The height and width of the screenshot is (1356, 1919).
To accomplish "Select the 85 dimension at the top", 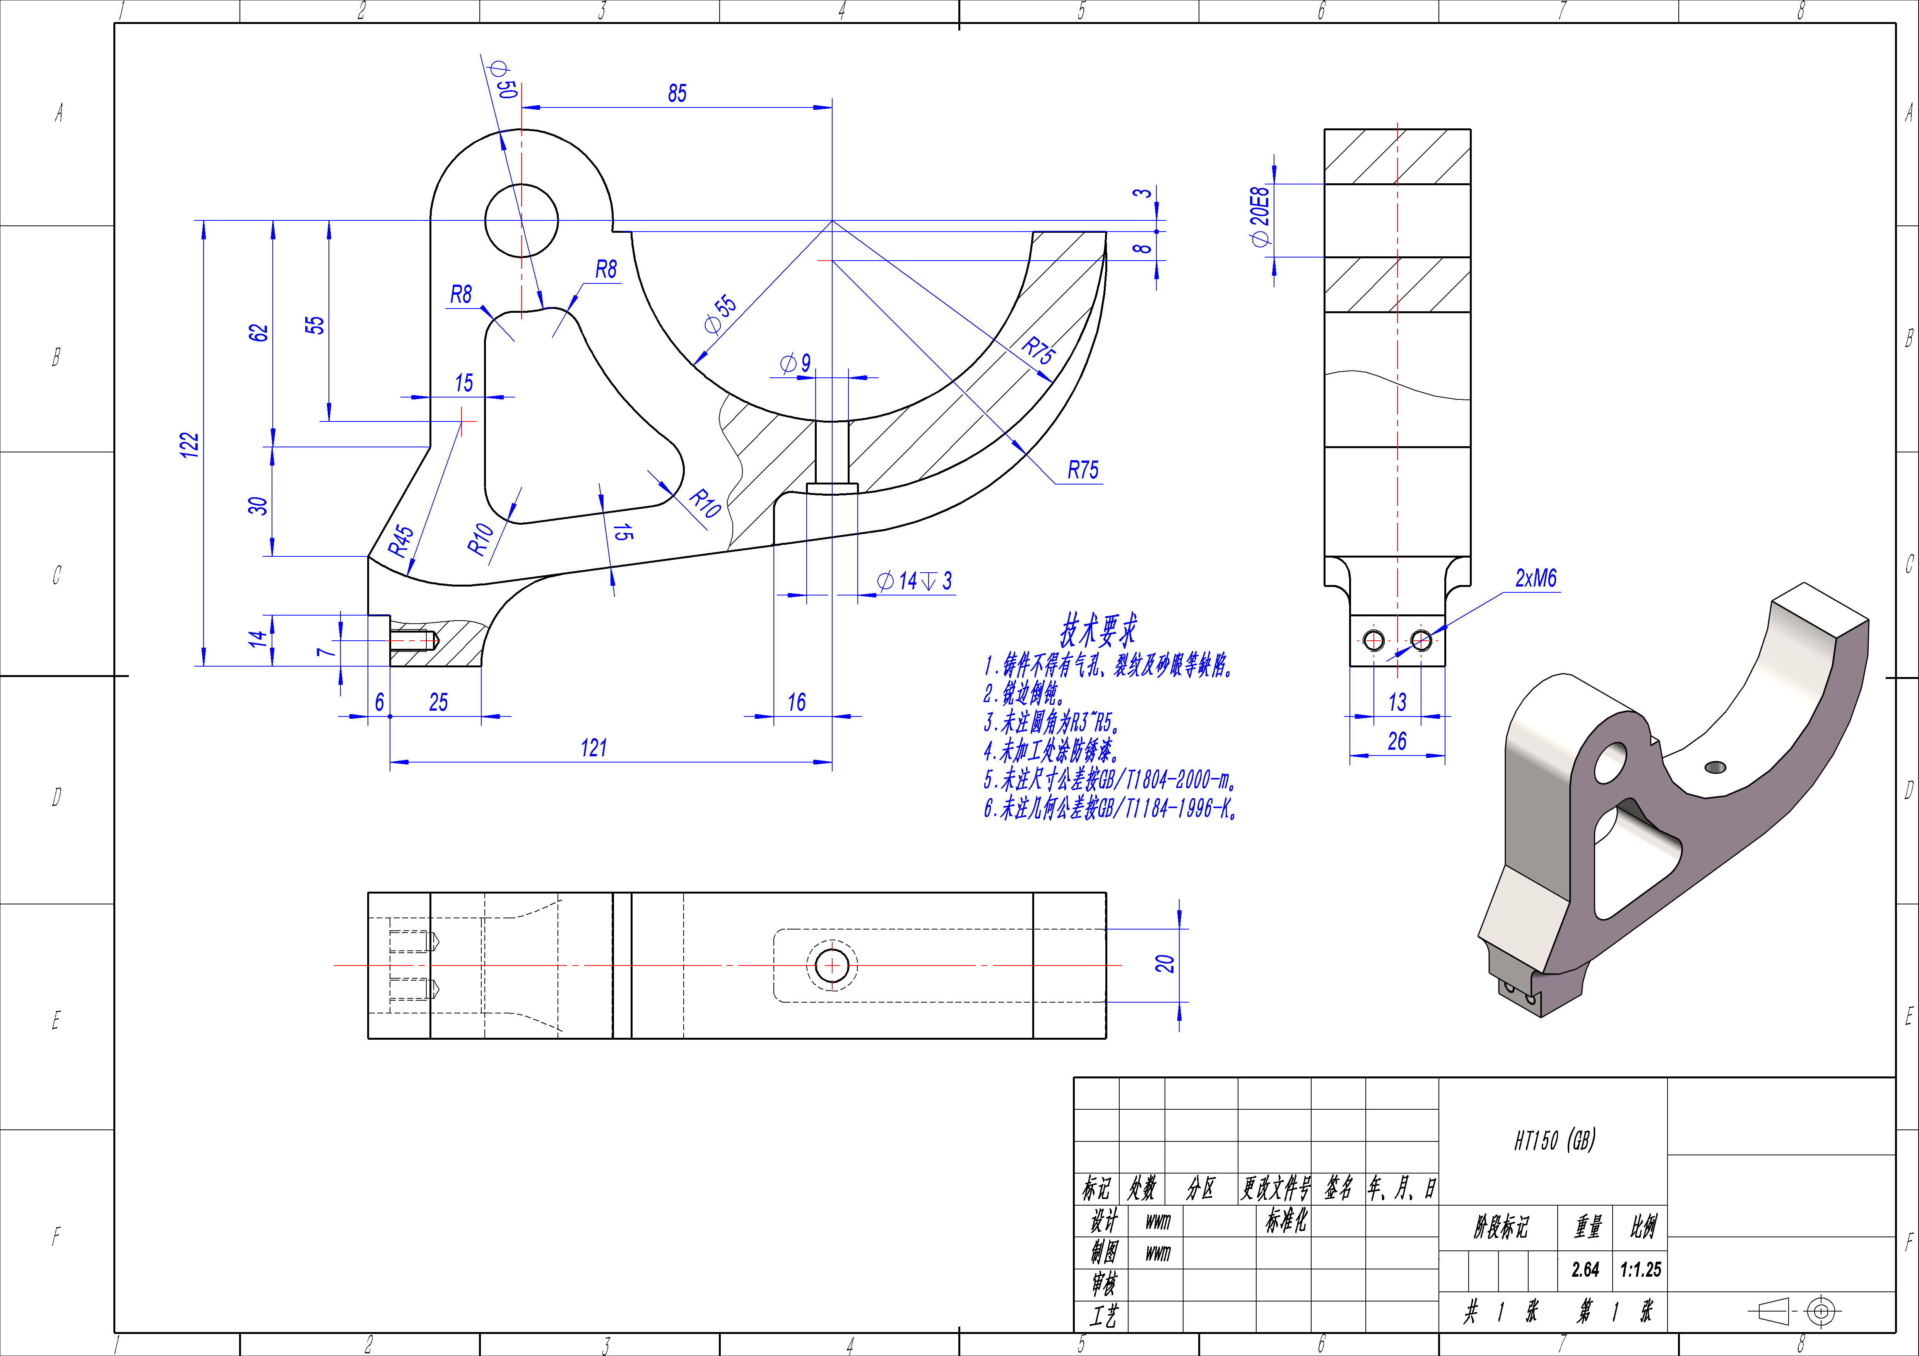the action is pyautogui.click(x=677, y=94).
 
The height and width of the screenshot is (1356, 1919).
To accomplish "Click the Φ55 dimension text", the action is pyautogui.click(x=720, y=313).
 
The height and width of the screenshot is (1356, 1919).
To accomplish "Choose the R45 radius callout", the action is pyautogui.click(x=401, y=541).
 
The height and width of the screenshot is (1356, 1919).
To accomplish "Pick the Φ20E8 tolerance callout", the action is pyautogui.click(x=1260, y=217).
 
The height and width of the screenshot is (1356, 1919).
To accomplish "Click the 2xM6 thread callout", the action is pyautogui.click(x=1536, y=578).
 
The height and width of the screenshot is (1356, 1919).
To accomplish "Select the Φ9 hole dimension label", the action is pyautogui.click(x=795, y=363).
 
